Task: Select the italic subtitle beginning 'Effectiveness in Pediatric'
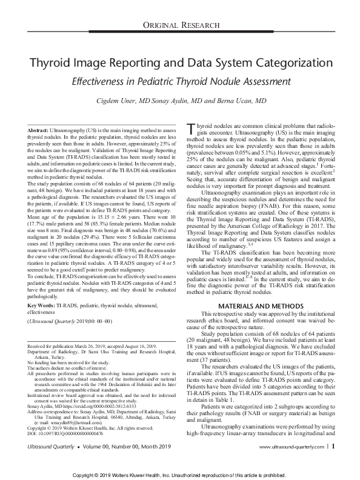point(180,81)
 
